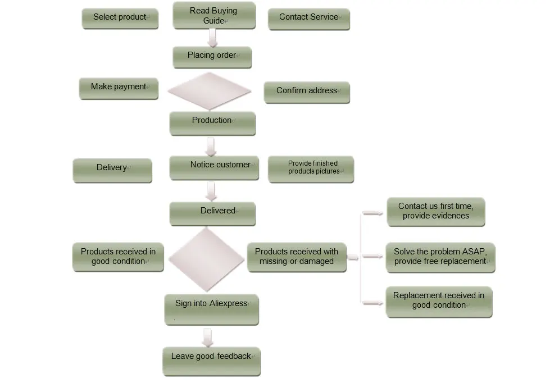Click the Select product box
point(120,18)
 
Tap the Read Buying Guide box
point(213,16)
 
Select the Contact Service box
point(308,18)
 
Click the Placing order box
point(212,56)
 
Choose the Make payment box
point(119,88)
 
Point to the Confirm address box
point(306,92)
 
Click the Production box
point(212,122)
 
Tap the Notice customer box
point(214,166)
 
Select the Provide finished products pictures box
point(311,168)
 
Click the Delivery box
point(112,169)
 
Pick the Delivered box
point(212,213)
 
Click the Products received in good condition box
point(118,257)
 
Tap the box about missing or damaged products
point(297,257)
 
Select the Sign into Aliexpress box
point(211,308)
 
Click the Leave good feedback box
point(211,361)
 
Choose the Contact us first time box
point(435,211)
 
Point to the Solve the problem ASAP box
point(440,257)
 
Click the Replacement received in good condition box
point(439,301)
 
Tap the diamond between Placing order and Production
point(209,90)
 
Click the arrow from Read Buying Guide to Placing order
point(212,38)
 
